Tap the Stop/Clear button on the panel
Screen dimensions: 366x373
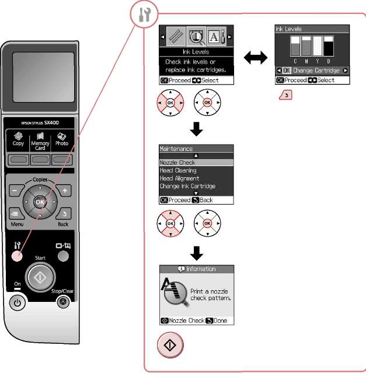tap(63, 302)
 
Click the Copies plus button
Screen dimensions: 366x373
tap(64, 191)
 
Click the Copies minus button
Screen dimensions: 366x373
tap(16, 191)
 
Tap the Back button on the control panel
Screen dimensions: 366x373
tap(64, 213)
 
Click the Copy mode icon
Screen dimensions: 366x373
tap(18, 136)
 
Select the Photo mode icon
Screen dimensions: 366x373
tap(62, 136)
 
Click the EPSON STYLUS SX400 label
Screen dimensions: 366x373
tap(40, 123)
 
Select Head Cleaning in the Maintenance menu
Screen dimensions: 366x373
tap(178, 170)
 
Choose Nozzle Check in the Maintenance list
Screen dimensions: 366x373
tap(177, 163)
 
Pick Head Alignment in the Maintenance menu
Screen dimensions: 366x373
tap(179, 178)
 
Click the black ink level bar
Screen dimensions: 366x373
tap(329, 46)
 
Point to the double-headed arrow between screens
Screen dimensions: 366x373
tap(256, 58)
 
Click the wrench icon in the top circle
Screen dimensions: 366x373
tap(144, 15)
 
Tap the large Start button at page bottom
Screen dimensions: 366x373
tap(170, 344)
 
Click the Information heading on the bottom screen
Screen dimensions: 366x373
tap(201, 269)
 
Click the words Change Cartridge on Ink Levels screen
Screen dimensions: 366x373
tap(316, 71)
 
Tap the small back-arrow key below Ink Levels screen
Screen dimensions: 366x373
tap(285, 95)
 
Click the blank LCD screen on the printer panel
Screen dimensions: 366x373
tap(43, 77)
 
